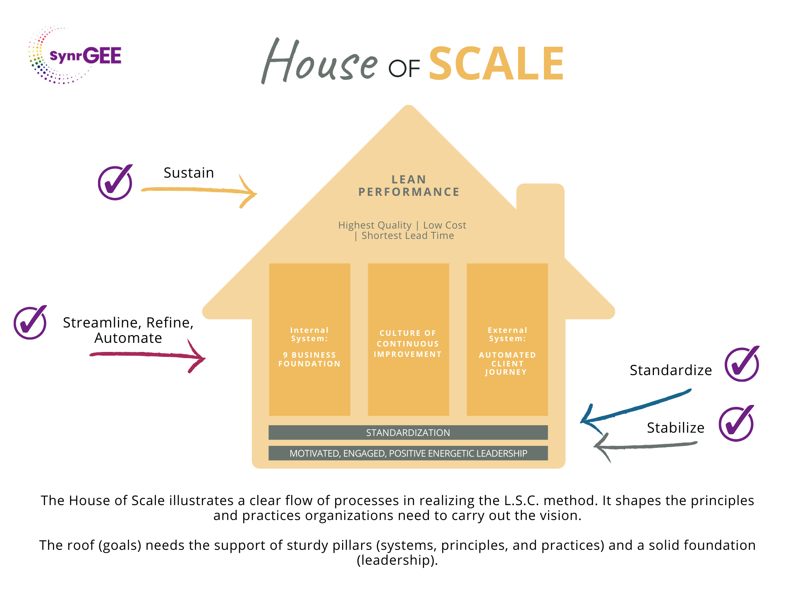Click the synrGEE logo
(x=74, y=55)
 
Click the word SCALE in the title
(x=496, y=64)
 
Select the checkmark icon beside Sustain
(x=115, y=183)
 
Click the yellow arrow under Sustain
(x=199, y=190)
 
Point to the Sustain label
(x=189, y=173)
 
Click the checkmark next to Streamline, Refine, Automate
(x=30, y=323)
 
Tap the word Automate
(x=128, y=338)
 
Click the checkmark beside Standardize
(x=742, y=364)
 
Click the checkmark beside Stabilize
(x=736, y=424)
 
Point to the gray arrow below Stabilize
(x=645, y=446)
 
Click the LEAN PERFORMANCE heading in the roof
(x=409, y=185)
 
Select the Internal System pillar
(x=309, y=339)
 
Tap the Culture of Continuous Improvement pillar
(x=408, y=339)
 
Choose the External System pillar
(x=507, y=339)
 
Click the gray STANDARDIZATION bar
(x=408, y=433)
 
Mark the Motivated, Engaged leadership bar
(x=408, y=453)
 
